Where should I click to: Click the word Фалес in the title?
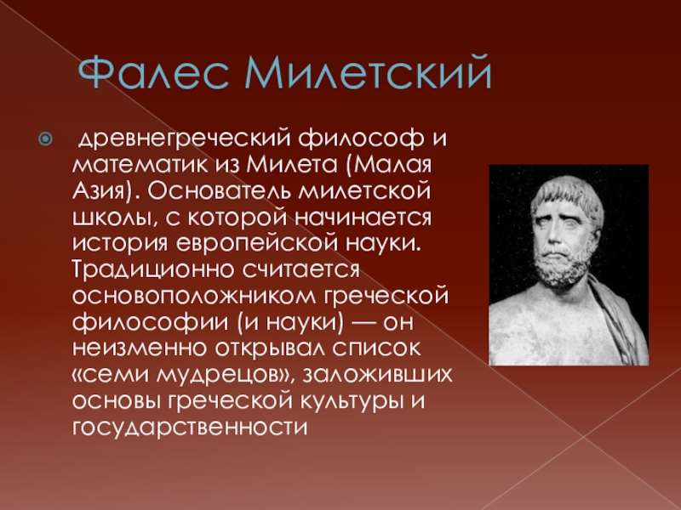153,72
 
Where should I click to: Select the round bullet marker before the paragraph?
45,139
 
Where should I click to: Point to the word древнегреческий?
185,139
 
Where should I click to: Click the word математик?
140,165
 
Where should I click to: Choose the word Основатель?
220,190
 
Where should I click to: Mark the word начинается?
363,218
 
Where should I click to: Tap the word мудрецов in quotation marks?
225,375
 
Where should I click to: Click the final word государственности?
190,428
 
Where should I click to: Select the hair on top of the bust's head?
568,190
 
